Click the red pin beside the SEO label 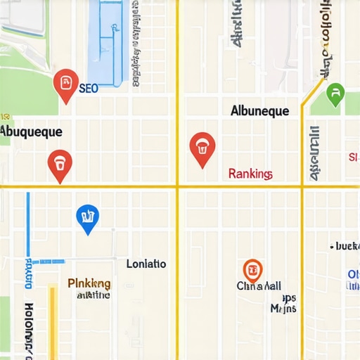(x=65, y=83)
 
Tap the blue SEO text (x=89, y=89)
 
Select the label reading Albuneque (x=259, y=111)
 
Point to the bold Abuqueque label (x=31, y=131)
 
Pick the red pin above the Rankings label (x=202, y=148)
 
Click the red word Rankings (x=250, y=174)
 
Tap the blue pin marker (x=87, y=218)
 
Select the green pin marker (x=335, y=93)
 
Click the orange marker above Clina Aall (x=252, y=269)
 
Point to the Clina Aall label (x=259, y=286)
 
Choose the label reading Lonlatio (x=146, y=264)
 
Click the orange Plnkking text (x=89, y=283)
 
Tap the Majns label (x=283, y=308)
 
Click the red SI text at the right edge (x=353, y=157)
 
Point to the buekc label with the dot (x=345, y=247)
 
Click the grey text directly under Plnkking (x=92, y=295)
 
